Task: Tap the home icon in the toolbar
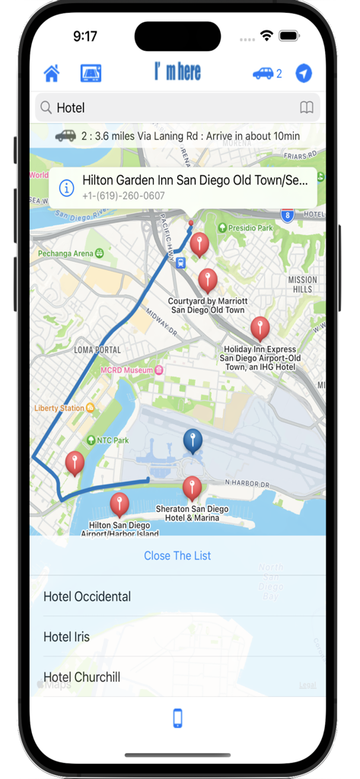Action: click(52, 73)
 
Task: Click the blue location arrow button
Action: click(304, 73)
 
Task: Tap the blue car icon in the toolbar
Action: click(263, 73)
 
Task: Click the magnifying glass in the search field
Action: click(46, 108)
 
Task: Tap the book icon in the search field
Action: click(307, 108)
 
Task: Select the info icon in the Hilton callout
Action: click(67, 187)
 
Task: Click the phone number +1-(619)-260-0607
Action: click(123, 196)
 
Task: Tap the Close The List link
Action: click(177, 555)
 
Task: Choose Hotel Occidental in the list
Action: click(87, 596)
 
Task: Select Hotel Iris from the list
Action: click(66, 637)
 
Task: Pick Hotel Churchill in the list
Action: click(81, 677)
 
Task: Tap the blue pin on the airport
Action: click(193, 440)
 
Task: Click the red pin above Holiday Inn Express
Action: click(260, 328)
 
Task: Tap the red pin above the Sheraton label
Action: click(193, 488)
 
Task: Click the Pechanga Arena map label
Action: click(67, 253)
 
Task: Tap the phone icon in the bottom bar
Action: click(177, 718)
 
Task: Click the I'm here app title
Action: click(177, 72)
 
